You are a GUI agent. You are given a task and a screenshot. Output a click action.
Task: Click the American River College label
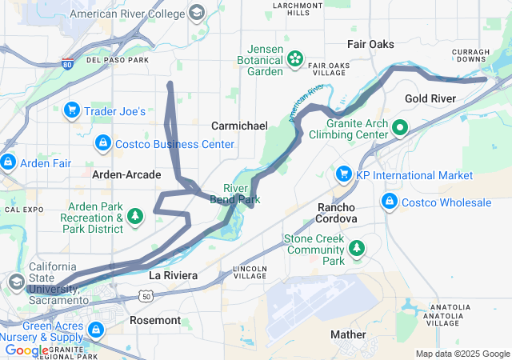129,14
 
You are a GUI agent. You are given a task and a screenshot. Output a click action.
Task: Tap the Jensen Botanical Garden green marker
295,58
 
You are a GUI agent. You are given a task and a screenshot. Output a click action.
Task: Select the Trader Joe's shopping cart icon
71,110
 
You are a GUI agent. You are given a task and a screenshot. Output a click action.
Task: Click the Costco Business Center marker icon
102,143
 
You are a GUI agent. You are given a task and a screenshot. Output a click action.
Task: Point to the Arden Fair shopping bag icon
7,162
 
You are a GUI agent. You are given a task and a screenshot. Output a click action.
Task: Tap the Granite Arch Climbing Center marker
398,126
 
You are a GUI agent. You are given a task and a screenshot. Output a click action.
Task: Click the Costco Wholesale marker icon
390,202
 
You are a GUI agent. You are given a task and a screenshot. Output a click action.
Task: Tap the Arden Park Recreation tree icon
135,216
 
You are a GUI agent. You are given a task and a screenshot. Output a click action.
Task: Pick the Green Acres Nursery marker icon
96,329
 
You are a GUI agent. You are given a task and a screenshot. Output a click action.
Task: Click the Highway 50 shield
144,296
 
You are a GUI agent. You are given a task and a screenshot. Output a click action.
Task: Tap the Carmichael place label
239,126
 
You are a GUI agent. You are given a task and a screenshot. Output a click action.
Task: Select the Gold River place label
430,98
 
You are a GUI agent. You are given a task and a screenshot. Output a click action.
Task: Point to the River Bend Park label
236,193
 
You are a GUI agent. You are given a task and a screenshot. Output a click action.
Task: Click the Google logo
26,350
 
